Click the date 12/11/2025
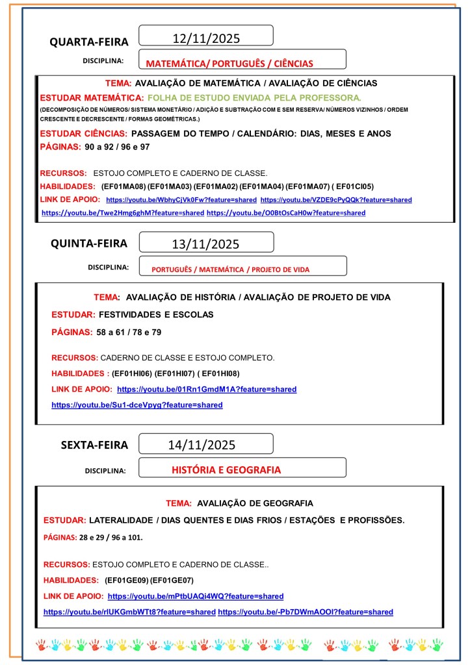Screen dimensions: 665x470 tap(206, 38)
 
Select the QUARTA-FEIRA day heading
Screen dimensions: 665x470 tap(89, 42)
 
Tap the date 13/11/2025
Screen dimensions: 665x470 tap(206, 244)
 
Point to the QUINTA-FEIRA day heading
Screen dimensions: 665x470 tap(89, 244)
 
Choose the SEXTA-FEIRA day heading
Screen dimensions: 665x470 tap(94, 445)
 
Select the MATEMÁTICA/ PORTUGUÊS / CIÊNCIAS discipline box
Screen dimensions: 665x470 tap(229, 64)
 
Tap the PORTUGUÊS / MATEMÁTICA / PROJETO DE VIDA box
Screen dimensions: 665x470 tap(230, 269)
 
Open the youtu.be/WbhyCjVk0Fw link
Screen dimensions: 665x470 tap(181, 200)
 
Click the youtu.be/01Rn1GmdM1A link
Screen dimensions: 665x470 tap(207, 390)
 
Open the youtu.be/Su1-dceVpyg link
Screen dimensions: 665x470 tap(137, 405)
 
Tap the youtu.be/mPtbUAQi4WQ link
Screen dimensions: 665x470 tap(196, 596)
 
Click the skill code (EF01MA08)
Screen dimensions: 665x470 tap(124, 186)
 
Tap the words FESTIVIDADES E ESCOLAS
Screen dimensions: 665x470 tap(155, 315)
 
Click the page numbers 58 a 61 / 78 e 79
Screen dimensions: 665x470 tap(129, 332)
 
